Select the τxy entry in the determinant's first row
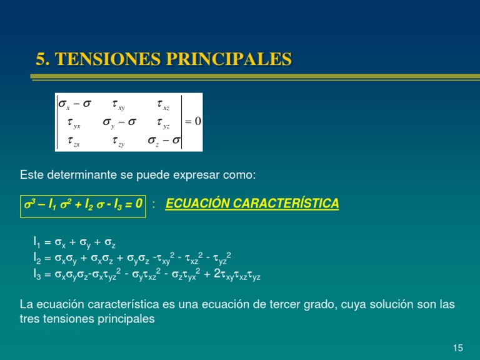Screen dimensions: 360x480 coord(118,104)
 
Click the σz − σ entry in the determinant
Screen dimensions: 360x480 coord(163,141)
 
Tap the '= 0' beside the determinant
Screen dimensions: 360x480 coord(192,122)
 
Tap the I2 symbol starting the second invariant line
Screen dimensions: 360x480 coord(37,257)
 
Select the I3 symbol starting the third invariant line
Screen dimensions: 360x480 coord(37,273)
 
